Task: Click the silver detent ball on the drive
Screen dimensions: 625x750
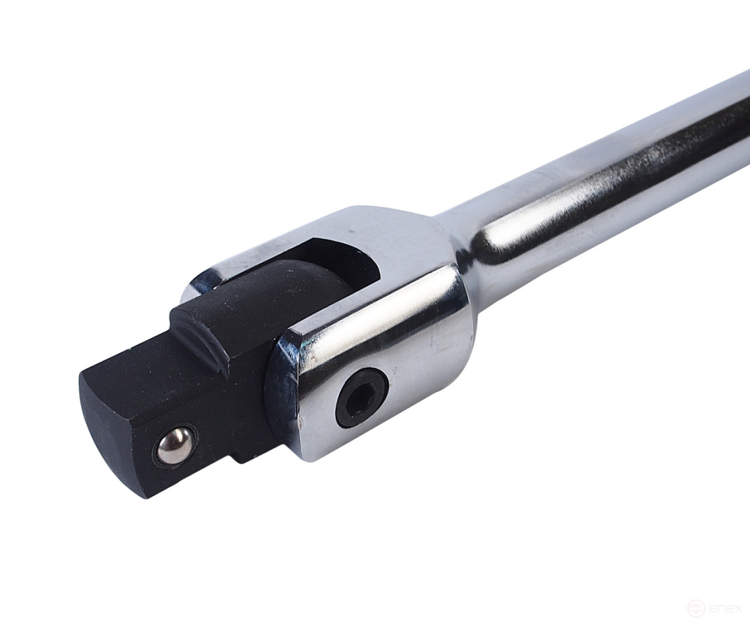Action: [174, 446]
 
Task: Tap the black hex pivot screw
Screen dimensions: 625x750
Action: [361, 397]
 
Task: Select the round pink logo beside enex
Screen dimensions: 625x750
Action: [695, 607]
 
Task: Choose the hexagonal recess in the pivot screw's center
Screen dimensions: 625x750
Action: [361, 398]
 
